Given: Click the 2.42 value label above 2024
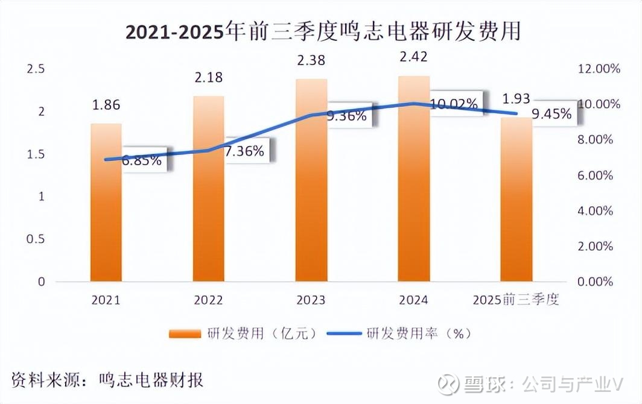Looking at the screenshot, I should point(414,57).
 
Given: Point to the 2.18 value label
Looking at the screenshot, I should point(208,77).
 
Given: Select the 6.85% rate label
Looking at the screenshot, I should point(142,160).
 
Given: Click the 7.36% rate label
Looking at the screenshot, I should point(244,151).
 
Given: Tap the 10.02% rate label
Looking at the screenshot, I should point(454,104).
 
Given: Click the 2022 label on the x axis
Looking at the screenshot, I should point(208,300).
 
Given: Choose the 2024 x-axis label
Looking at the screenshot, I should point(414,300).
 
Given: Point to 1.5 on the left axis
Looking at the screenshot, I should point(37,154).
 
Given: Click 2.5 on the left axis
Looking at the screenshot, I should point(37,69).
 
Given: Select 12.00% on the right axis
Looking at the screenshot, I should point(599,69).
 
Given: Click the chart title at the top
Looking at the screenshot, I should point(323,32).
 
